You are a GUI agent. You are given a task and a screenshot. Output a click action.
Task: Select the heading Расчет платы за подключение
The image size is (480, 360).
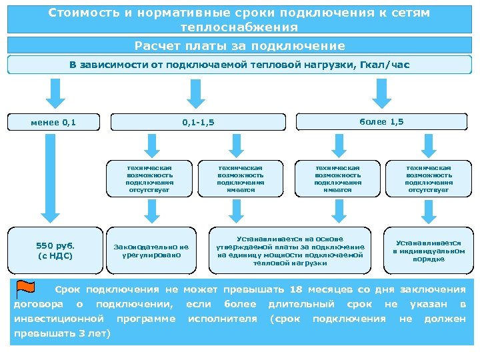pyautogui.click(x=239, y=46)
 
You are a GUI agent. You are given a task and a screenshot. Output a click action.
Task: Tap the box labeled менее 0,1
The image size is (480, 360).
pyautogui.click(x=54, y=122)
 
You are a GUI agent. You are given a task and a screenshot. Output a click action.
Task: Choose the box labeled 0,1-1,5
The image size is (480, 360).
pyautogui.click(x=194, y=123)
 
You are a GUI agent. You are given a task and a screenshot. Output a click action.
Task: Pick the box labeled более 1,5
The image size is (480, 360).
pyautogui.click(x=381, y=122)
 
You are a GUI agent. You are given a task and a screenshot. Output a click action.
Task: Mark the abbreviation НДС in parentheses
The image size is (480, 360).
pyautogui.click(x=58, y=255)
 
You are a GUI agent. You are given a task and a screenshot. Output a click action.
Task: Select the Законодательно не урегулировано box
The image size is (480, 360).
pyautogui.click(x=151, y=250)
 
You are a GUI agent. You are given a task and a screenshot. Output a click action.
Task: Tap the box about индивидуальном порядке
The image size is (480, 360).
pyautogui.click(x=428, y=251)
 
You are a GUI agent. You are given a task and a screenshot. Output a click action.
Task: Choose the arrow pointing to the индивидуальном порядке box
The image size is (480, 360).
pyautogui.click(x=428, y=212)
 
